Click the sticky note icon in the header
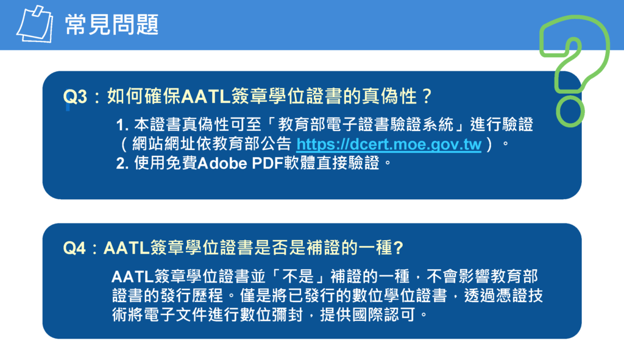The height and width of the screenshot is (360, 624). pos(35,24)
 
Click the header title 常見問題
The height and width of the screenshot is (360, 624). pos(112,24)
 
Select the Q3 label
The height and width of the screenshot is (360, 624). pos(75,97)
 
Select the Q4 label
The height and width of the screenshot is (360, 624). pos(74,248)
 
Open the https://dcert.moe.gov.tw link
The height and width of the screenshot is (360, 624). pos(389,144)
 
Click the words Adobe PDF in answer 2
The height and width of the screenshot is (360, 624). pos(240,163)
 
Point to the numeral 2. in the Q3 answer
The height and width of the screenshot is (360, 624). pos(122,163)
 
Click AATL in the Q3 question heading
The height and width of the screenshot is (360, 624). pos(206,97)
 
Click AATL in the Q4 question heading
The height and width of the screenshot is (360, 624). pos(127,248)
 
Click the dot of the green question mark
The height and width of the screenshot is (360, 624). pos(570,113)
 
